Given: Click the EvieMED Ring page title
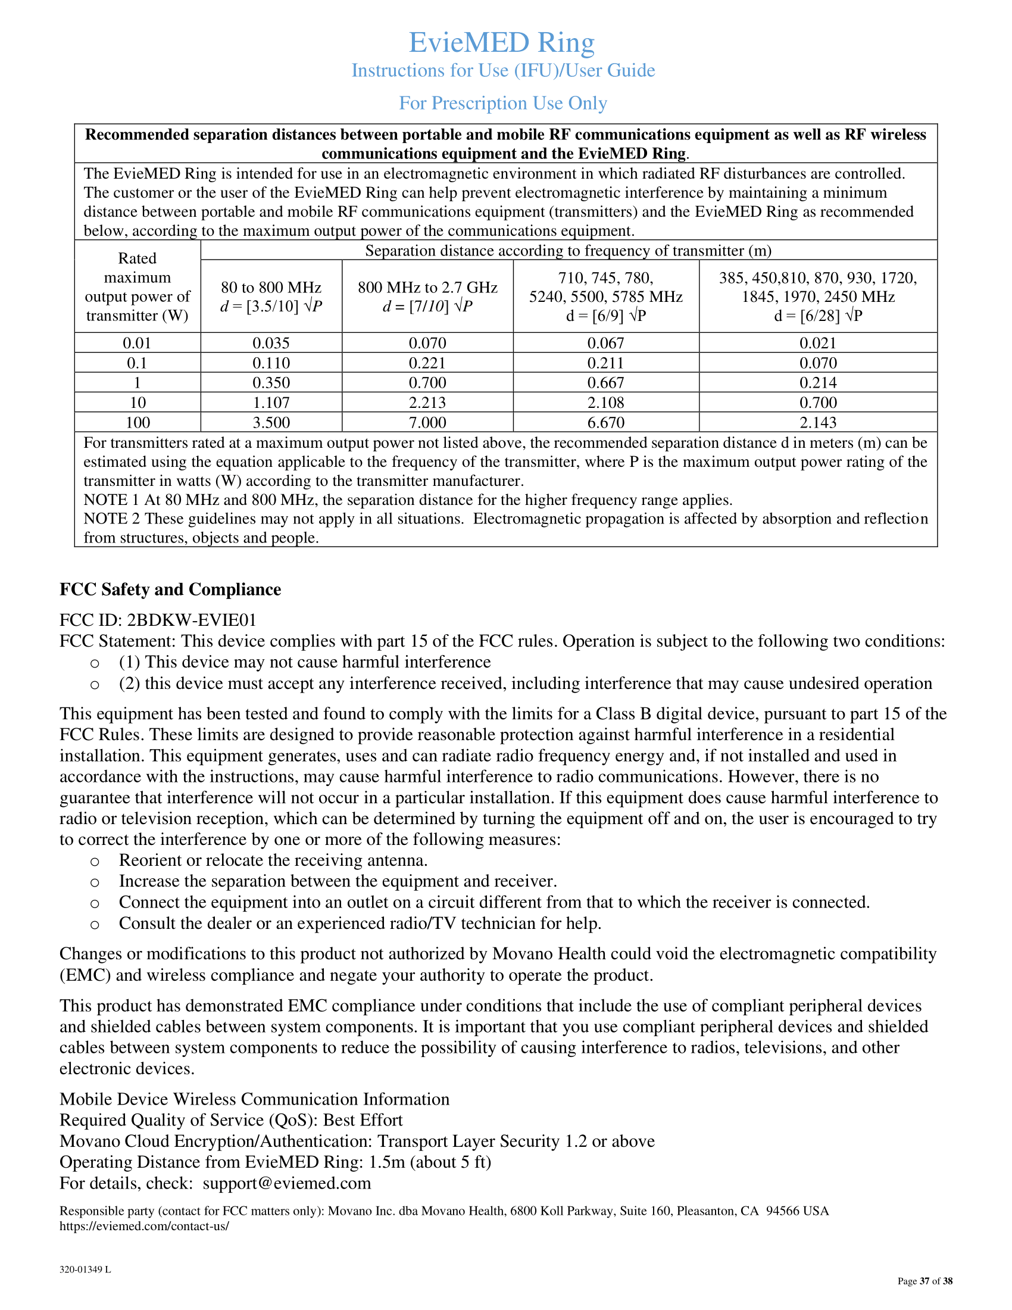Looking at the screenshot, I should pyautogui.click(x=502, y=43).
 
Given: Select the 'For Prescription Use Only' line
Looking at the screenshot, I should pyautogui.click(x=503, y=103).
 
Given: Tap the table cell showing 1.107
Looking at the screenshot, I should pyautogui.click(x=271, y=403).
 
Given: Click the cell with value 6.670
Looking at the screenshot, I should pyautogui.click(x=605, y=422).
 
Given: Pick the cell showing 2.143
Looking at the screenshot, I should pyautogui.click(x=818, y=422).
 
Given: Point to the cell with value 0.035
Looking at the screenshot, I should pyautogui.click(x=271, y=343).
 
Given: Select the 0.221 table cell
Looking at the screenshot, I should pyautogui.click(x=427, y=363).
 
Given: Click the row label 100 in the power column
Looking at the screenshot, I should pyautogui.click(x=138, y=422).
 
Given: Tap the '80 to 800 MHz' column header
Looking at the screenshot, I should pyautogui.click(x=271, y=288).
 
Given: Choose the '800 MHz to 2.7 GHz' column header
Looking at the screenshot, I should pyautogui.click(x=427, y=288).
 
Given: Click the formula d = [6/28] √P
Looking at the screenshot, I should pyautogui.click(x=818, y=316).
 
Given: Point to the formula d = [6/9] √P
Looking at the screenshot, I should pyautogui.click(x=605, y=316).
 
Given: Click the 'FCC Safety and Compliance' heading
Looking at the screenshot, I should pyautogui.click(x=170, y=589).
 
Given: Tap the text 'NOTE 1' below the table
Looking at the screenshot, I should pyautogui.click(x=111, y=500).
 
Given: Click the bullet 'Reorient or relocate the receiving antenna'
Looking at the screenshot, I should pyautogui.click(x=273, y=860).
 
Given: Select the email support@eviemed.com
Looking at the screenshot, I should pyautogui.click(x=286, y=1183).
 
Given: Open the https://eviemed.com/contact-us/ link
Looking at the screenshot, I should pyautogui.click(x=144, y=1226).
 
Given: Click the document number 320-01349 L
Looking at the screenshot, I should pyautogui.click(x=85, y=1270).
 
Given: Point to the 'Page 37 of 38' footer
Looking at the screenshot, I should pyautogui.click(x=924, y=1281).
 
